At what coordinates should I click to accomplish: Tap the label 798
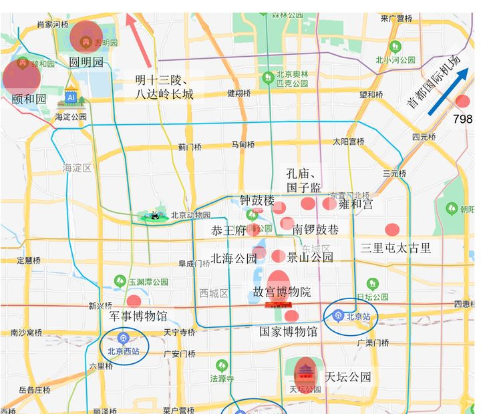coord(462,119)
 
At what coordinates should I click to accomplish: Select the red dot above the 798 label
coord(462,101)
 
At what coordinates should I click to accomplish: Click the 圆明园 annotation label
coord(87,62)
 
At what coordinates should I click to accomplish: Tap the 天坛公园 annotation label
coord(347,377)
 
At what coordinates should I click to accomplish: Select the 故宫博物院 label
coord(282,292)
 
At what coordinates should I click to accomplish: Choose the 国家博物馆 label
coord(288,331)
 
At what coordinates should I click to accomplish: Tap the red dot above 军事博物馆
coord(134,300)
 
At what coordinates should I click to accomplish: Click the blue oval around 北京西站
coord(124,345)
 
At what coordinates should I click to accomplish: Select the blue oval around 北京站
coord(351,316)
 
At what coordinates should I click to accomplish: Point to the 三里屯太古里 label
coord(395,248)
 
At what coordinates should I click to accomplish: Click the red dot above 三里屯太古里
coord(392,230)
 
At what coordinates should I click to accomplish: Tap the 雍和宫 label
coord(356,204)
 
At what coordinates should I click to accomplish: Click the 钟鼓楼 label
coord(257,200)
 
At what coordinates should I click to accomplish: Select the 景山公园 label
coord(310,257)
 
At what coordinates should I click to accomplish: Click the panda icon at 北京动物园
coord(156,215)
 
